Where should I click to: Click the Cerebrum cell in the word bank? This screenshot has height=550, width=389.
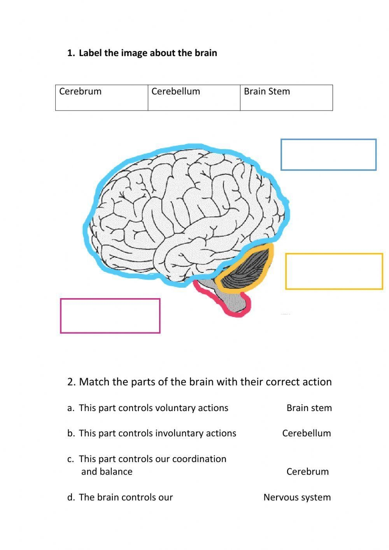102,97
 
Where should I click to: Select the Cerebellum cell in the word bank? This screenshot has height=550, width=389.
194,97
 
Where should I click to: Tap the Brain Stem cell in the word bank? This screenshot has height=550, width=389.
286,97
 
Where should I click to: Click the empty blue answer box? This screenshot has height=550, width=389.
328,155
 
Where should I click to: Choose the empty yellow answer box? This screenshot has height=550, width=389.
334,271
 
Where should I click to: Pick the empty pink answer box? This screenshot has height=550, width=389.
110,316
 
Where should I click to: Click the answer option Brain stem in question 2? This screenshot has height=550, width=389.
309,408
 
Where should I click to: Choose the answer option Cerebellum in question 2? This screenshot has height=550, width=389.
307,433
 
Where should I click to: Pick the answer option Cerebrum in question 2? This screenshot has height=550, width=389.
307,471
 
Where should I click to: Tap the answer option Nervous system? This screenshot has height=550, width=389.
297,497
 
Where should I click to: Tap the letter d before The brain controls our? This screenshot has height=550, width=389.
70,497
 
